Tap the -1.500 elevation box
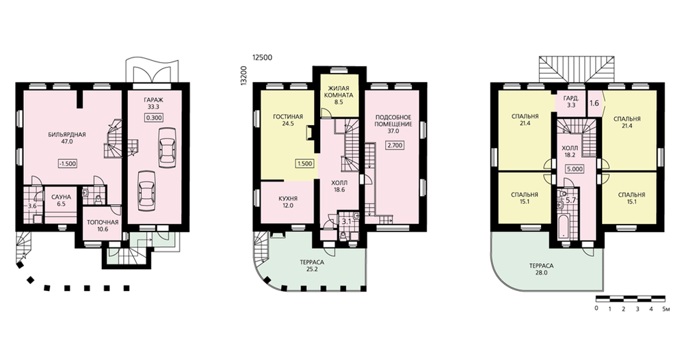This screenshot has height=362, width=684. coord(68,164)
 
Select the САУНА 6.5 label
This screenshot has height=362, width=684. coord(61,200)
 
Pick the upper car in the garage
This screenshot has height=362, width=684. coord(167,148)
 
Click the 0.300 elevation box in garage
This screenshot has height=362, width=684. coord(154,117)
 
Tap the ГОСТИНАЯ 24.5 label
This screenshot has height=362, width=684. coord(288,120)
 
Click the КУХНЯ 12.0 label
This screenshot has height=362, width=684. coord(288,201)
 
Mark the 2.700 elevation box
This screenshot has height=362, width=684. coord(395,145)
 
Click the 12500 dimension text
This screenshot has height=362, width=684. coord(262,57)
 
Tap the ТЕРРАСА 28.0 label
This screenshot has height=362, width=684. coord(541,269)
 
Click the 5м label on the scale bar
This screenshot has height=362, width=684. coord(666,309)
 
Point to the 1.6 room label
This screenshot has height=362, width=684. coord(594,104)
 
